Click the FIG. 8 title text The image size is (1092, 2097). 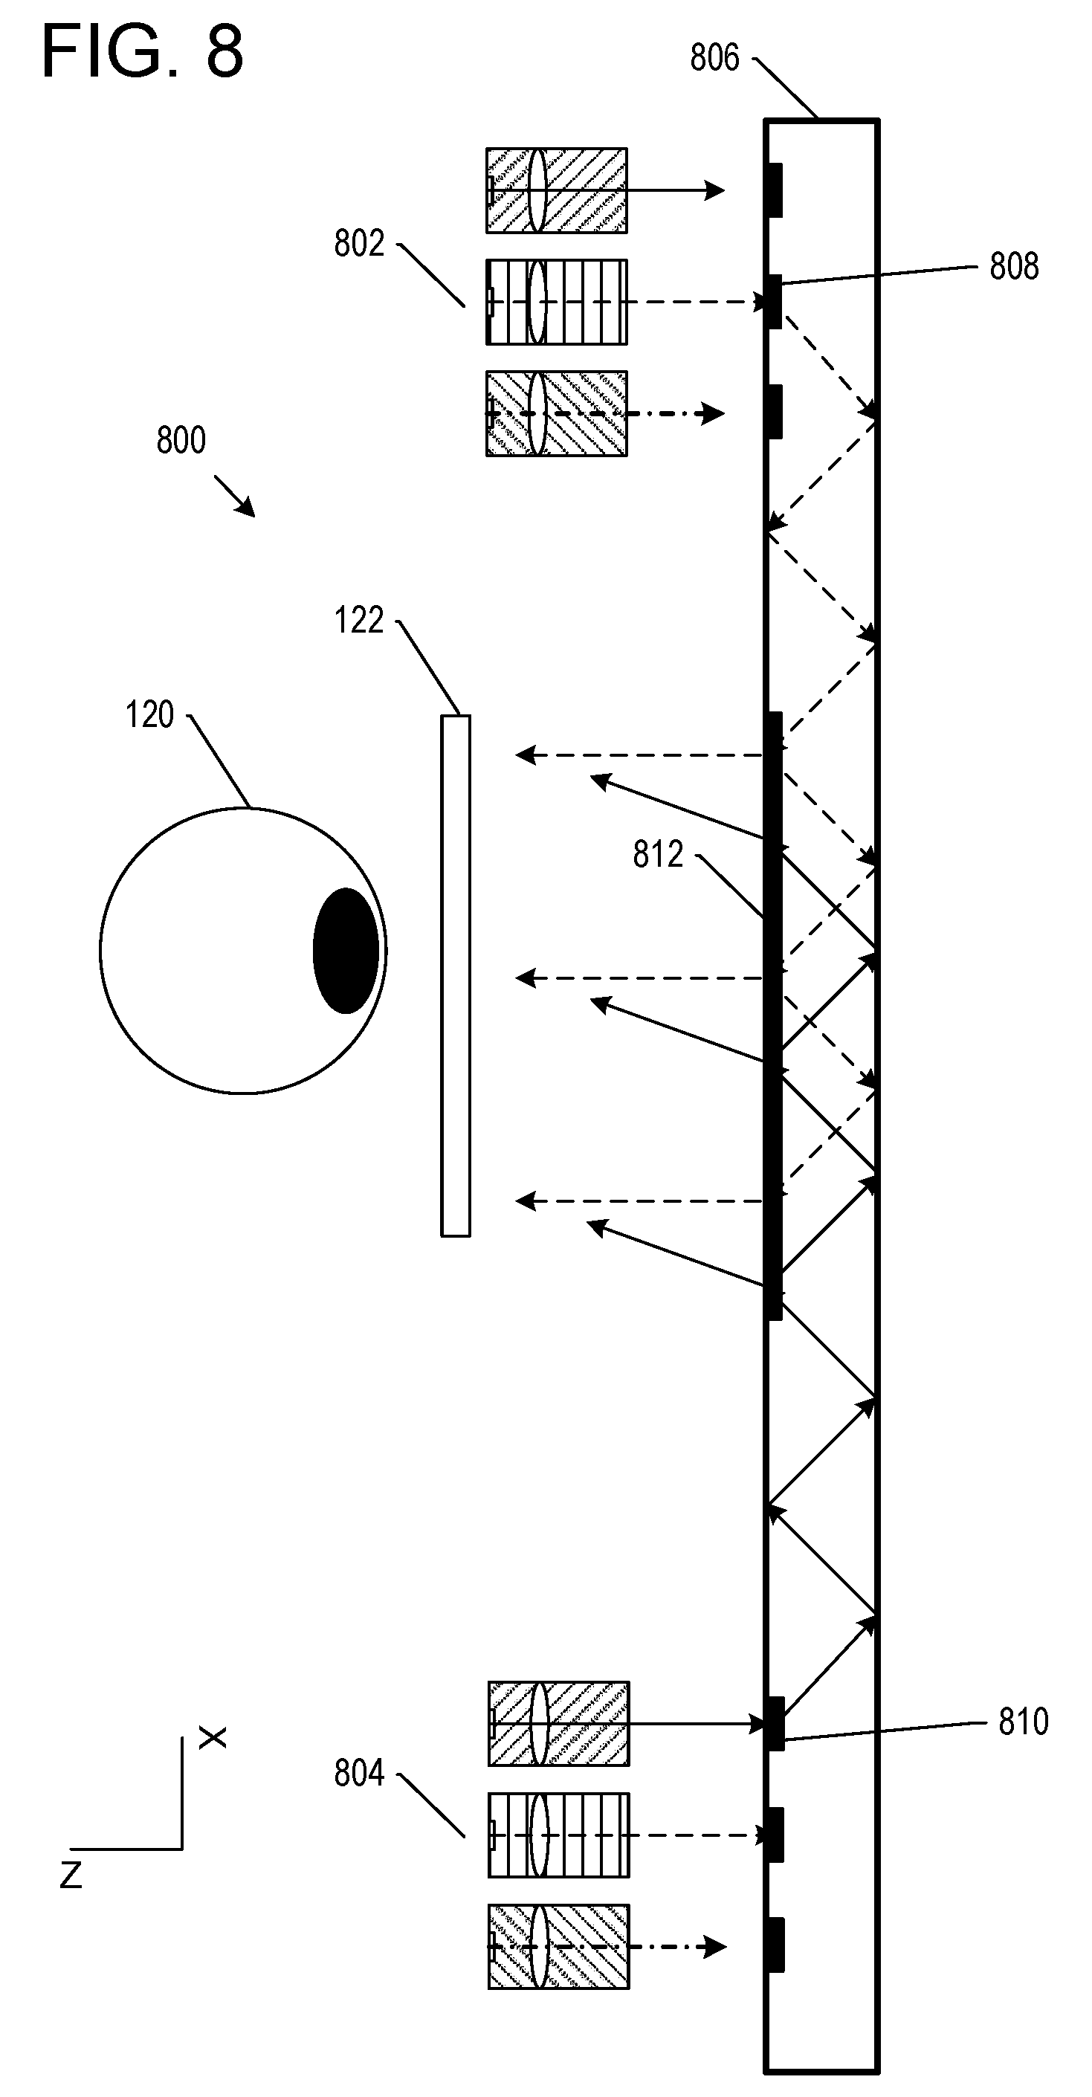(143, 51)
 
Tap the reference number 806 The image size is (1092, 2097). (714, 58)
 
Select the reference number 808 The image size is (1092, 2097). (1014, 266)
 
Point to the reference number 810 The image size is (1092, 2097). (1024, 1722)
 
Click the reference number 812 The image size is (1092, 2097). (658, 855)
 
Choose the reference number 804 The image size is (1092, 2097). (359, 1772)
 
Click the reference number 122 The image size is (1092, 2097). (359, 620)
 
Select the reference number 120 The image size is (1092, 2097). (150, 715)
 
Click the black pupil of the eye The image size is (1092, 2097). (346, 950)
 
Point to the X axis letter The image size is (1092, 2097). (213, 1738)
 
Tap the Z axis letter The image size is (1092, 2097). (71, 1875)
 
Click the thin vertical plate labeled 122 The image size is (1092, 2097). (455, 975)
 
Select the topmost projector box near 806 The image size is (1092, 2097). (556, 190)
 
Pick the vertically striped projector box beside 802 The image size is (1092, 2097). (556, 302)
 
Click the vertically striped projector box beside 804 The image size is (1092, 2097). (558, 1835)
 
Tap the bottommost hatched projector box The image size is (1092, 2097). (558, 1946)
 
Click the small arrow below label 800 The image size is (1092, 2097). (234, 497)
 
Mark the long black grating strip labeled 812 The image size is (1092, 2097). (774, 1016)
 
